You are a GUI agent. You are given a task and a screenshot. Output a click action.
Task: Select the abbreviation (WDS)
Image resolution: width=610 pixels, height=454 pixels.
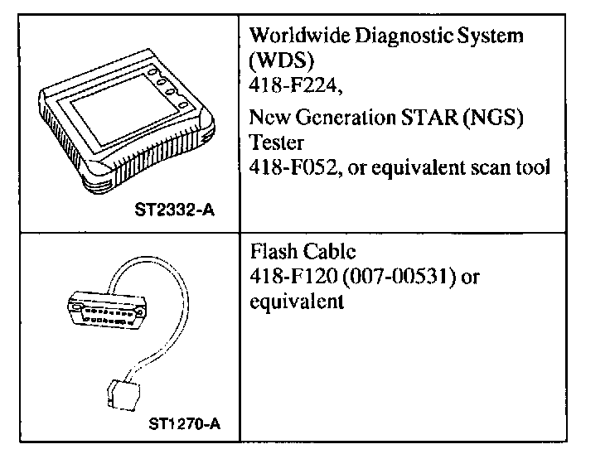pos(277,60)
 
